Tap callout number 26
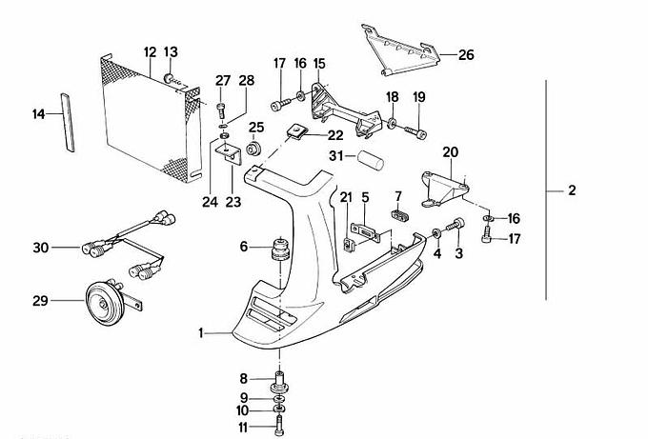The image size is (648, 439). pos(465,55)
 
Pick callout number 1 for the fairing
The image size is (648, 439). pos(201,332)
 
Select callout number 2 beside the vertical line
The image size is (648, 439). pos(572,191)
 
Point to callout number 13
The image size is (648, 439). pos(171,51)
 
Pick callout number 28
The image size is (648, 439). pos(247,80)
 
